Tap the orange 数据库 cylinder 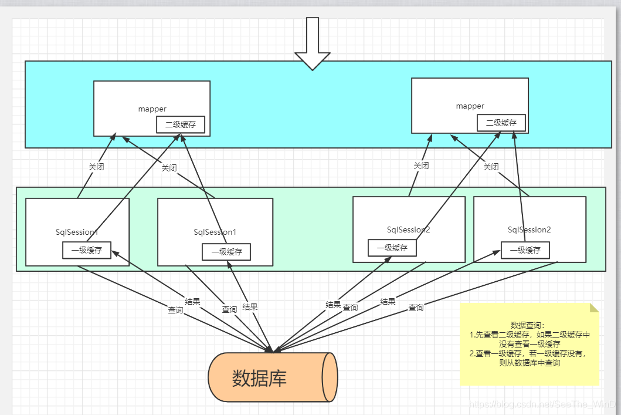[272, 377]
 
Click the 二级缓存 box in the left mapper [181, 124]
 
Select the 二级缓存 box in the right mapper [501, 123]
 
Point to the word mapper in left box [152, 109]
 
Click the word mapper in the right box [470, 106]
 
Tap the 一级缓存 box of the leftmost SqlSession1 [87, 250]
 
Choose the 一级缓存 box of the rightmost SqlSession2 [525, 251]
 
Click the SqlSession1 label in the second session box [215, 232]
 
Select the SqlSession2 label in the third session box [409, 230]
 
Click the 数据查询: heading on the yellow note [528, 325]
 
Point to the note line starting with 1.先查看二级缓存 [530, 335]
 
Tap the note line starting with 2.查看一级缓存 [527, 353]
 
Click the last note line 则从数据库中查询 [530, 363]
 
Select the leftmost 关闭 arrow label [96, 167]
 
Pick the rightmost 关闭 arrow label [491, 167]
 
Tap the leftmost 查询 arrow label [175, 310]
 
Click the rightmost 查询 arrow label [416, 308]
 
